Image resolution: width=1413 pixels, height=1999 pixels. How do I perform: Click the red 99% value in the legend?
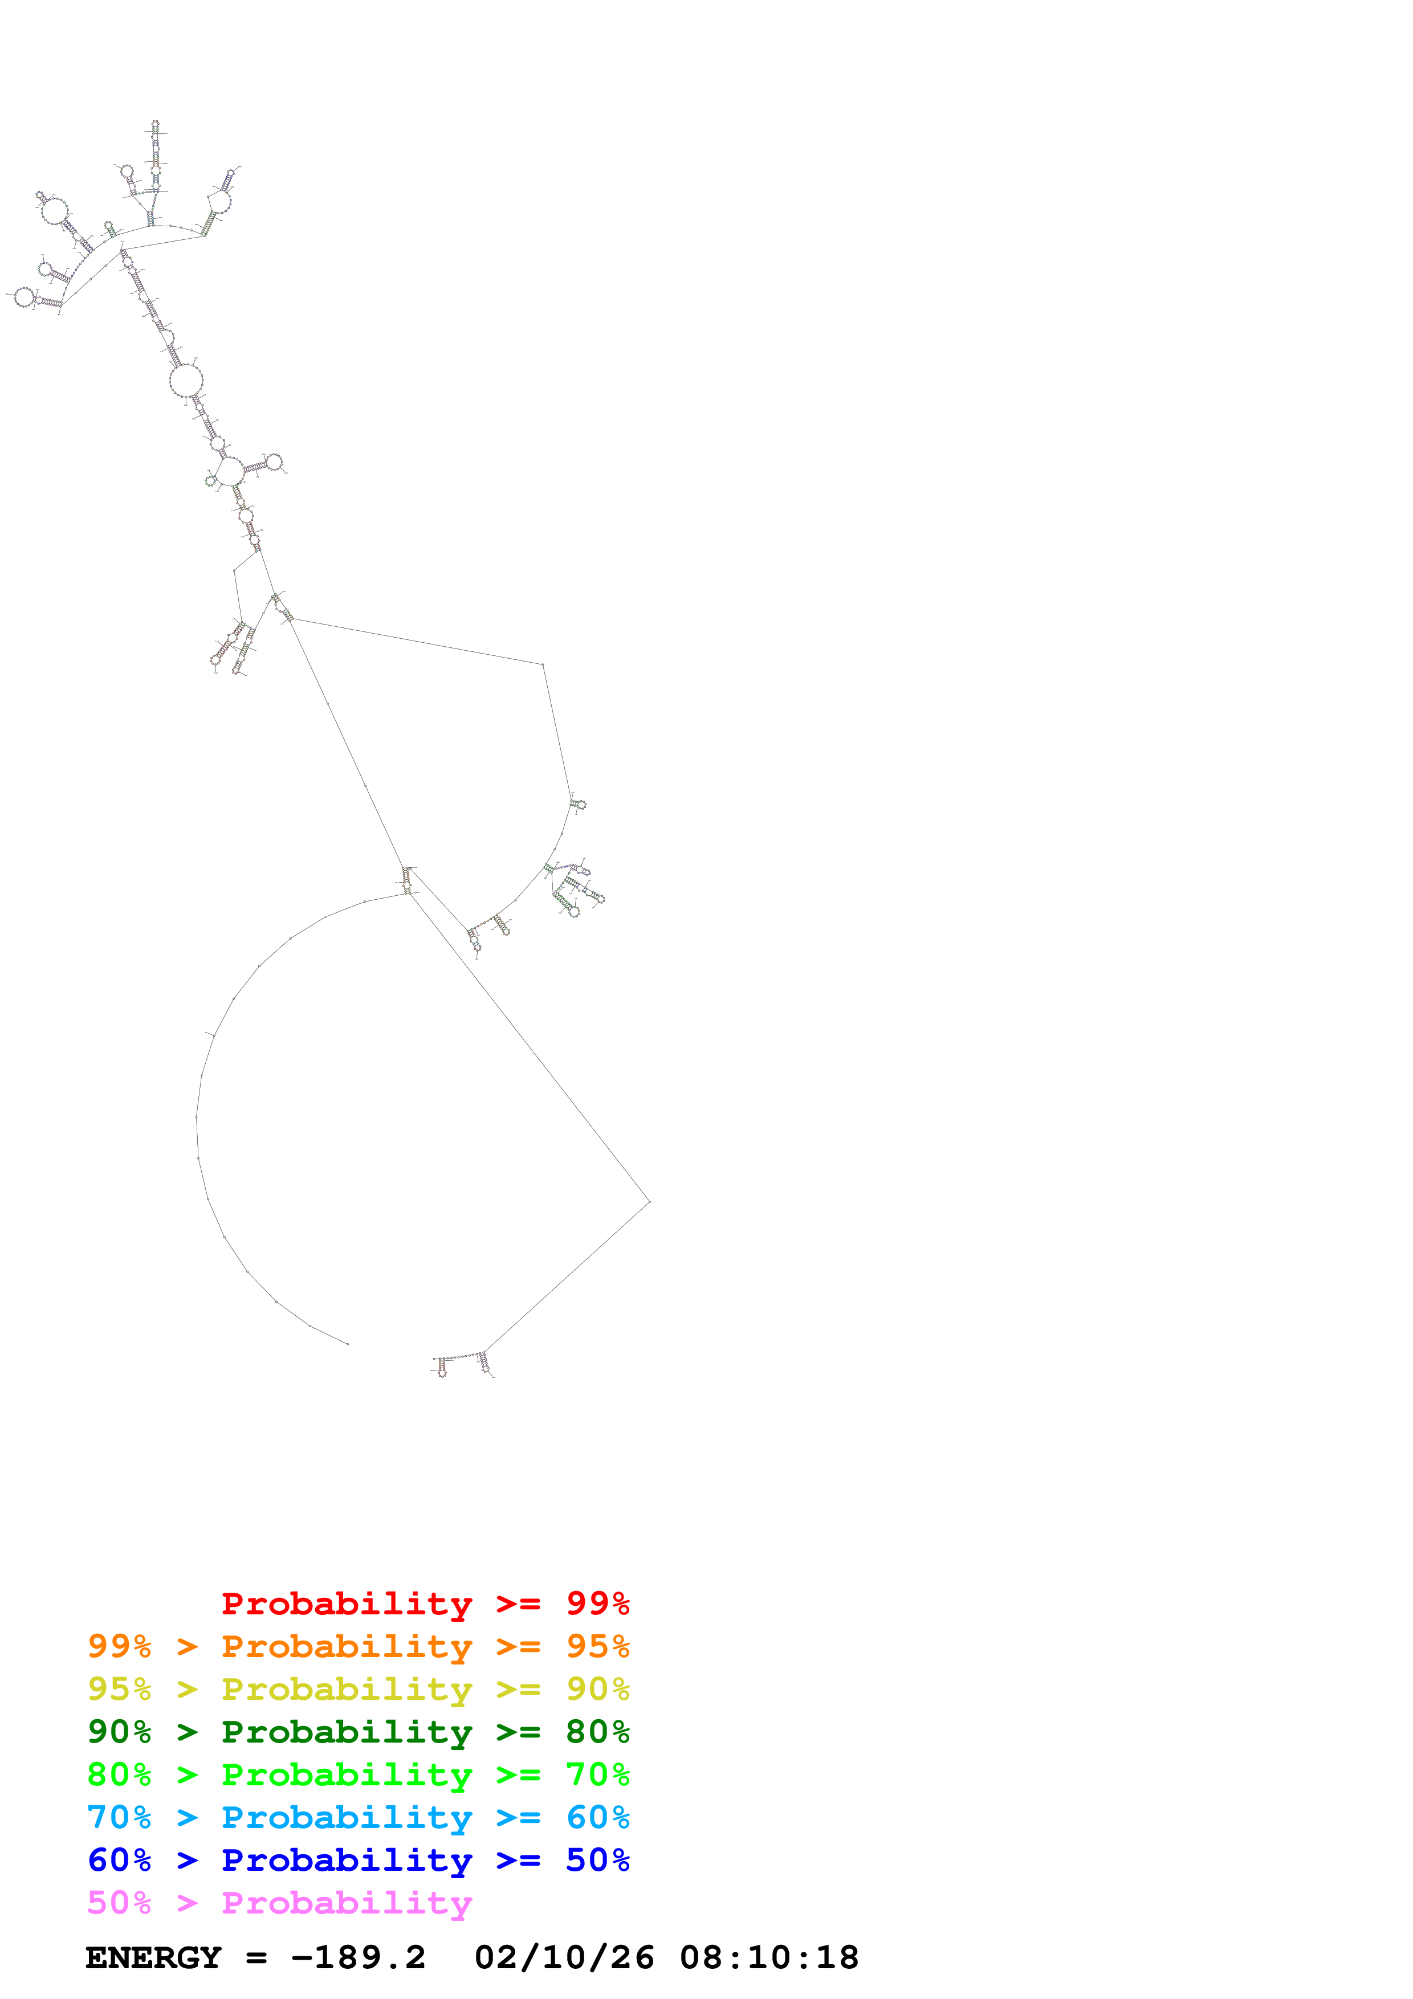597,1604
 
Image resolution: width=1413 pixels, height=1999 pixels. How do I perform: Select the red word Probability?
347,1604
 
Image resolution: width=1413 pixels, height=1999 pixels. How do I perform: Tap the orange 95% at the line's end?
597,1646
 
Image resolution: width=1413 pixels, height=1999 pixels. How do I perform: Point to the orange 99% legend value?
119,1646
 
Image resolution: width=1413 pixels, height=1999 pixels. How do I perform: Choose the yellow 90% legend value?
597,1689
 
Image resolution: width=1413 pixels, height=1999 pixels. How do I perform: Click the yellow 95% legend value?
119,1689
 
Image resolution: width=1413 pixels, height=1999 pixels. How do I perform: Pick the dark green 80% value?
597,1732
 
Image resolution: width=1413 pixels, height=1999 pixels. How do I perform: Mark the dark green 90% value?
119,1732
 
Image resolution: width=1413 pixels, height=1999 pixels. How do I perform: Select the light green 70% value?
597,1774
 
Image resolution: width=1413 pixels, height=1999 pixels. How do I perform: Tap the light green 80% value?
119,1774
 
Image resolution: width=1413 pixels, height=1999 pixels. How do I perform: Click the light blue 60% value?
597,1817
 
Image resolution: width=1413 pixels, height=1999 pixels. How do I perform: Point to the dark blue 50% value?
597,1860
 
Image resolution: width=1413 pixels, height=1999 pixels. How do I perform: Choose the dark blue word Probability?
347,1860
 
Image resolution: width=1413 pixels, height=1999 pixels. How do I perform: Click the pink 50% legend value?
119,1902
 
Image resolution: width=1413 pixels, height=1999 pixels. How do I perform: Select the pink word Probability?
347,1902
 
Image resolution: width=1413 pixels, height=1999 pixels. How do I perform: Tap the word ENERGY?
153,1958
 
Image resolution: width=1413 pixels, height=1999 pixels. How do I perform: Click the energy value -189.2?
358,1958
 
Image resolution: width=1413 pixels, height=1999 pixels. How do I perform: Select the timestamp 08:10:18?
769,1958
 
